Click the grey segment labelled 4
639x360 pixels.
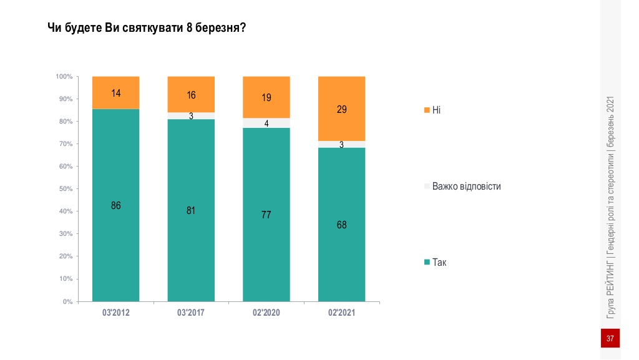266,123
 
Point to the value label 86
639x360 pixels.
116,205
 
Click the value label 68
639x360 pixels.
341,225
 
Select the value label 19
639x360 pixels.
266,97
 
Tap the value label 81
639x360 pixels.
191,210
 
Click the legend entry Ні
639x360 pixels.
432,110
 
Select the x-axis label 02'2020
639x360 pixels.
266,313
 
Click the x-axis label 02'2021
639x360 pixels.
341,313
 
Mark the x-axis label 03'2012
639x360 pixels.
115,313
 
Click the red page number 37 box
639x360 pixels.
610,338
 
